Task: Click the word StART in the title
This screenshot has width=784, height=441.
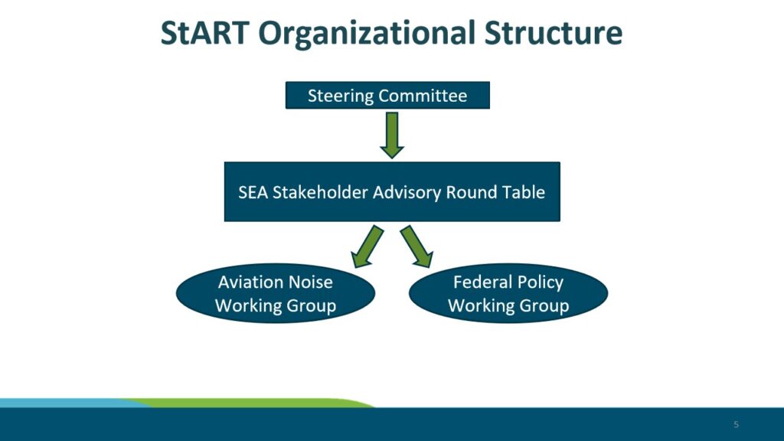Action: [x=205, y=33]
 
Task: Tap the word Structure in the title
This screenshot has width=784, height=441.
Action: [x=554, y=33]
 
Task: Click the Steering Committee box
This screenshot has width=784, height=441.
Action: [x=387, y=95]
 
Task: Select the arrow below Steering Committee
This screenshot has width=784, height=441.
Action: [x=392, y=136]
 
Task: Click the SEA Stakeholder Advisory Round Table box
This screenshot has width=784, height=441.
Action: [x=392, y=191]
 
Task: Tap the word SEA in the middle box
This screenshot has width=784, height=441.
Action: [x=253, y=192]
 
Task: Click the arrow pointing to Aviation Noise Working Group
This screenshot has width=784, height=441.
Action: [x=367, y=247]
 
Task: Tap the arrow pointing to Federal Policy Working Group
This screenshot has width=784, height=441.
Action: [x=416, y=247]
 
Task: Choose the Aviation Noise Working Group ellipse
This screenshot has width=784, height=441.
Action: [x=276, y=293]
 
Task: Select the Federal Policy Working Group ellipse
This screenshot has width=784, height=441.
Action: [x=508, y=293]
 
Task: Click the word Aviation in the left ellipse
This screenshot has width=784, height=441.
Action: [x=247, y=282]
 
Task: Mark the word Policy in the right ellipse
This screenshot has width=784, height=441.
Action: [x=541, y=283]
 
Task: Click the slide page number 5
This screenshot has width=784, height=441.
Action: [x=736, y=424]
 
